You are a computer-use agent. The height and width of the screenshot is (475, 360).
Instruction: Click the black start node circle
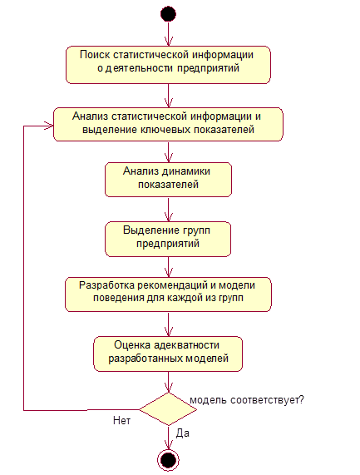(168, 14)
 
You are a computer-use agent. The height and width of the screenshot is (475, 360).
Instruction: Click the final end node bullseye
(168, 460)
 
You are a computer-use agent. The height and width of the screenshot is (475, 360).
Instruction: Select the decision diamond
(168, 409)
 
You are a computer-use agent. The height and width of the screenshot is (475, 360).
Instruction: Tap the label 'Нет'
(121, 420)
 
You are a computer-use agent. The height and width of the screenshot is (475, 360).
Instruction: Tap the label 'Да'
(183, 433)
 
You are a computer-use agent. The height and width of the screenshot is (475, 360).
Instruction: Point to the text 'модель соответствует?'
(247, 400)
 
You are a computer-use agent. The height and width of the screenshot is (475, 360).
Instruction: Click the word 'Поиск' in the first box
(95, 55)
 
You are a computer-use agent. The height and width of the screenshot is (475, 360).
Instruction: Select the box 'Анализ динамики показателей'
(168, 180)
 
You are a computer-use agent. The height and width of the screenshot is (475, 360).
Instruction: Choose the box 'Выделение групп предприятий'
(168, 239)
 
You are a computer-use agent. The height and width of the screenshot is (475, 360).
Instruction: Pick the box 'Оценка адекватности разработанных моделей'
(168, 354)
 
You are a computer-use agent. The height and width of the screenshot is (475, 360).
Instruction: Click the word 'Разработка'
(107, 285)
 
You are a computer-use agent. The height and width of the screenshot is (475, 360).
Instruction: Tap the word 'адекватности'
(187, 345)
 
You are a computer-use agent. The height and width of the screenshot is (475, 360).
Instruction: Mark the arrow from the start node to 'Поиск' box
(168, 34)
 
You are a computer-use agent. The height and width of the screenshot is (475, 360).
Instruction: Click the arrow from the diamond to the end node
(168, 438)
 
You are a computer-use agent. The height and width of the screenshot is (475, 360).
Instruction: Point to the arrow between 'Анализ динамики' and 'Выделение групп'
(168, 210)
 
